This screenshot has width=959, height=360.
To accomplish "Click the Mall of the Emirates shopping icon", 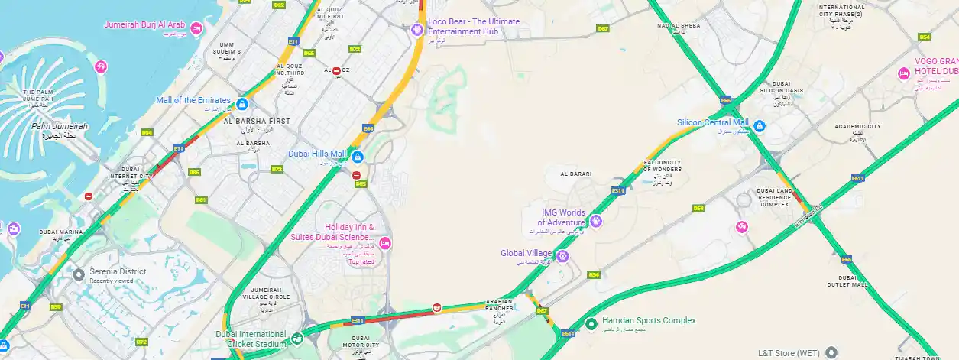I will point(242,103).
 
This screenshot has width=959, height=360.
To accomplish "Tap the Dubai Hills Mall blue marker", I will point(357,157).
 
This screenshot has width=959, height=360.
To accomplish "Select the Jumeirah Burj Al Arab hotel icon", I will point(196,28).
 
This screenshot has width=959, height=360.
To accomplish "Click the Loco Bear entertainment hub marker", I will point(416,30).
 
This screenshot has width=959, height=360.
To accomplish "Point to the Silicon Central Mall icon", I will point(760,126).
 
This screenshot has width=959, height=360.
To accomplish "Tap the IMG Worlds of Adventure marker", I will point(596,222).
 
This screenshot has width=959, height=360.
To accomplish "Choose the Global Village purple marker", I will point(563,255).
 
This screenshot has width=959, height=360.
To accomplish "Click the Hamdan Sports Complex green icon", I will point(591,324).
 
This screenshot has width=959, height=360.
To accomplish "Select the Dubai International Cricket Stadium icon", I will point(297,338).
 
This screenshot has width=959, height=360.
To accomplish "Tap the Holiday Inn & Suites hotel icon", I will point(385,243).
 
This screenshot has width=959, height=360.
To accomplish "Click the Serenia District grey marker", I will point(79,274).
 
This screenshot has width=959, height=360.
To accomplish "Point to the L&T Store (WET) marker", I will point(831,352).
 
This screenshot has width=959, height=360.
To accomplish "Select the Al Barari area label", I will point(576,174).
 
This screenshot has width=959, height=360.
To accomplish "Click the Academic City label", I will point(858,127).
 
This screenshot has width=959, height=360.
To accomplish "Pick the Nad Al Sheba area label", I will point(678,26).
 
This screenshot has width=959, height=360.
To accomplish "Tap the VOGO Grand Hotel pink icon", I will point(904,74).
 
